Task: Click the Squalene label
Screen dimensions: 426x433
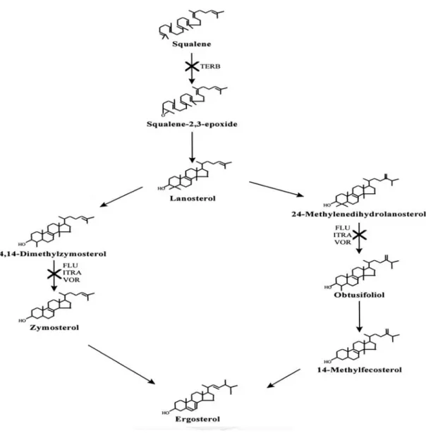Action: [x=191, y=44]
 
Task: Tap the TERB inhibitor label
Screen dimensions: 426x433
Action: [x=210, y=66]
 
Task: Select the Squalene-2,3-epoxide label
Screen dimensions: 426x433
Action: [x=192, y=124]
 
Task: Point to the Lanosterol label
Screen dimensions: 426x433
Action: [x=193, y=198]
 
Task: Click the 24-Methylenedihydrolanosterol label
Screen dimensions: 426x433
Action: [x=359, y=214]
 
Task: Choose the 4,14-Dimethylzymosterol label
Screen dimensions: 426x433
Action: [x=54, y=254]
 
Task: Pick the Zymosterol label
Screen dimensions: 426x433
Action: [x=54, y=327]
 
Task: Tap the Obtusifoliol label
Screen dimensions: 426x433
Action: [x=359, y=295]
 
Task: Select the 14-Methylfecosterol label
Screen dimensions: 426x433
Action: [x=360, y=370]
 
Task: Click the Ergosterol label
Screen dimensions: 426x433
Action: [x=197, y=419]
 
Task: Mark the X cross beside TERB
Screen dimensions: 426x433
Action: [x=192, y=66]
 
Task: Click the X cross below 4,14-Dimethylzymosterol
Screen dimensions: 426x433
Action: [x=54, y=274]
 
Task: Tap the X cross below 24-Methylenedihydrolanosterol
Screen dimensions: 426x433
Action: [x=359, y=235]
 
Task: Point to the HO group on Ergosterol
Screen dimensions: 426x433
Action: [x=166, y=413]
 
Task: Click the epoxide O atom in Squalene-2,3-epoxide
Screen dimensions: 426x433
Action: [x=163, y=115]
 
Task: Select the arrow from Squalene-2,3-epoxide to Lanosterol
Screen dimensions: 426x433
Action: [x=192, y=147]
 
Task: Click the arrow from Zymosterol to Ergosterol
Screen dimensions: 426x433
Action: [x=121, y=364]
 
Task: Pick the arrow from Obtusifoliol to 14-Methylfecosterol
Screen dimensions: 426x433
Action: [x=359, y=317]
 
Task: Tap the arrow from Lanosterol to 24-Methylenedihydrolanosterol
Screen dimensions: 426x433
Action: [x=276, y=189]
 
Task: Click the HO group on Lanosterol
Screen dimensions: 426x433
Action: [x=162, y=188]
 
